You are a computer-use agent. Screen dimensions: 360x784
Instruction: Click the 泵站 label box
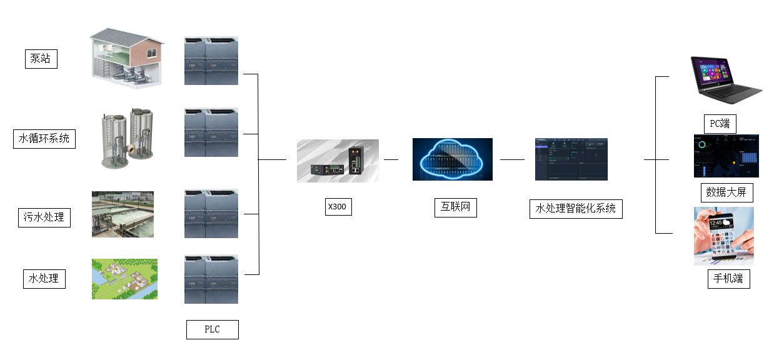tap(41, 59)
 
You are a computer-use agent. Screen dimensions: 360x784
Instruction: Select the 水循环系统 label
tap(44, 138)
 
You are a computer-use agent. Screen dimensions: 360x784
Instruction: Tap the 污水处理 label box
tap(43, 217)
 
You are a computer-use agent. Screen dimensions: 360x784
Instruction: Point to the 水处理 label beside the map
tap(44, 278)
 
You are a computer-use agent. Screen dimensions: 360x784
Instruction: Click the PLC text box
tap(212, 329)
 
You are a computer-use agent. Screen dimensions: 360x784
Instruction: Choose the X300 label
tap(338, 207)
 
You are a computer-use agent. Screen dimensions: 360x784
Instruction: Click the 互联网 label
tap(455, 207)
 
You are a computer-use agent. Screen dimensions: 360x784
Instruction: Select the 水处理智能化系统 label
tap(576, 208)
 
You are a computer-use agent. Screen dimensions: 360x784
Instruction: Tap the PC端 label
tap(720, 123)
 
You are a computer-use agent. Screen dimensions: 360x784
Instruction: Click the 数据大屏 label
tap(726, 192)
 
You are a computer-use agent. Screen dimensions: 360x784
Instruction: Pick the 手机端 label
tap(728, 278)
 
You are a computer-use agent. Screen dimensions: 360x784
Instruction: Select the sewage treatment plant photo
tap(123, 214)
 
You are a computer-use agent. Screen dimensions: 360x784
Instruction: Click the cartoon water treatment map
tap(124, 279)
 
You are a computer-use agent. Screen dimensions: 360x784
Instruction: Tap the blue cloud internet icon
tap(452, 159)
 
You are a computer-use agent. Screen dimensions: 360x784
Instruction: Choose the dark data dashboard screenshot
tap(725, 156)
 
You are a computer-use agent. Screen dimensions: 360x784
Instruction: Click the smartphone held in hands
tap(723, 236)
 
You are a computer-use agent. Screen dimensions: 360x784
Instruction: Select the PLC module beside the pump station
tap(211, 61)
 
